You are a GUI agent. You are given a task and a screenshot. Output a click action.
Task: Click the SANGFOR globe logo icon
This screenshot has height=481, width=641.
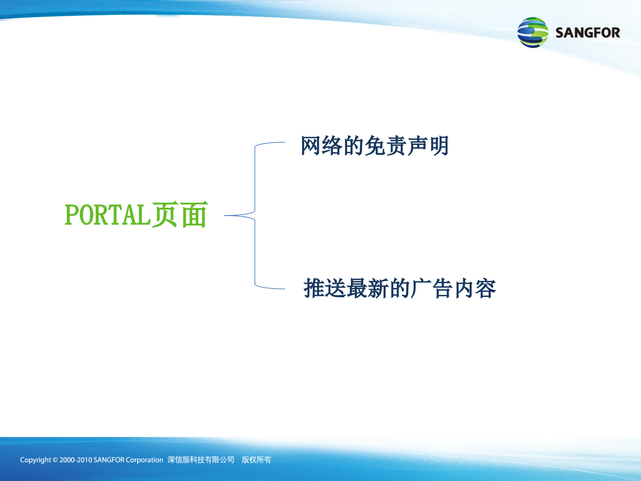click(532, 32)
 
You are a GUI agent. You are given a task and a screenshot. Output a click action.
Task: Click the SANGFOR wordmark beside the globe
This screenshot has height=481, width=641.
click(588, 33)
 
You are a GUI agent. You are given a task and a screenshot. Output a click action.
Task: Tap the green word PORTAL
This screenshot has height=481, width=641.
click(108, 215)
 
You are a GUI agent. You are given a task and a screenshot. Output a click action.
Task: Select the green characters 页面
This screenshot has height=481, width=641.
click(180, 215)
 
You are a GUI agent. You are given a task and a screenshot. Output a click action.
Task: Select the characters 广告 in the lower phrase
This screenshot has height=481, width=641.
click(431, 288)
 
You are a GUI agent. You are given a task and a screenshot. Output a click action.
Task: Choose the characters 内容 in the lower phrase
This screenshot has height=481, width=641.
click(474, 288)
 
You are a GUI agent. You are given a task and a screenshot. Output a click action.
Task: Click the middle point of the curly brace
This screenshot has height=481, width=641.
click(234, 215)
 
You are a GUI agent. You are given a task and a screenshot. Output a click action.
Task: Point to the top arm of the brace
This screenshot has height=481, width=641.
click(270, 143)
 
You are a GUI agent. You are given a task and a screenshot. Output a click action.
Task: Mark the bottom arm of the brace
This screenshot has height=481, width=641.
click(270, 288)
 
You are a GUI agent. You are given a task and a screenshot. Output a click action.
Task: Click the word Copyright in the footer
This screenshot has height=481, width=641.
click(35, 460)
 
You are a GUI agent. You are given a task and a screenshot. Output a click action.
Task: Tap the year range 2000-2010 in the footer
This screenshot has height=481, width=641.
click(75, 460)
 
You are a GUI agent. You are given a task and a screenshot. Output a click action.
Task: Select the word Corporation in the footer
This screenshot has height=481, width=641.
click(144, 460)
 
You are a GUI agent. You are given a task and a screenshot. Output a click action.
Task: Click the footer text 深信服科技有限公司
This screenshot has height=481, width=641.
click(201, 460)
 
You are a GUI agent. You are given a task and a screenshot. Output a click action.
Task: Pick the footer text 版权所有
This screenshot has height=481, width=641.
click(256, 460)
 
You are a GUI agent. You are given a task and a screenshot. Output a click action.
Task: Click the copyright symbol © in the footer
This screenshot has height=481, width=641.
click(55, 460)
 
